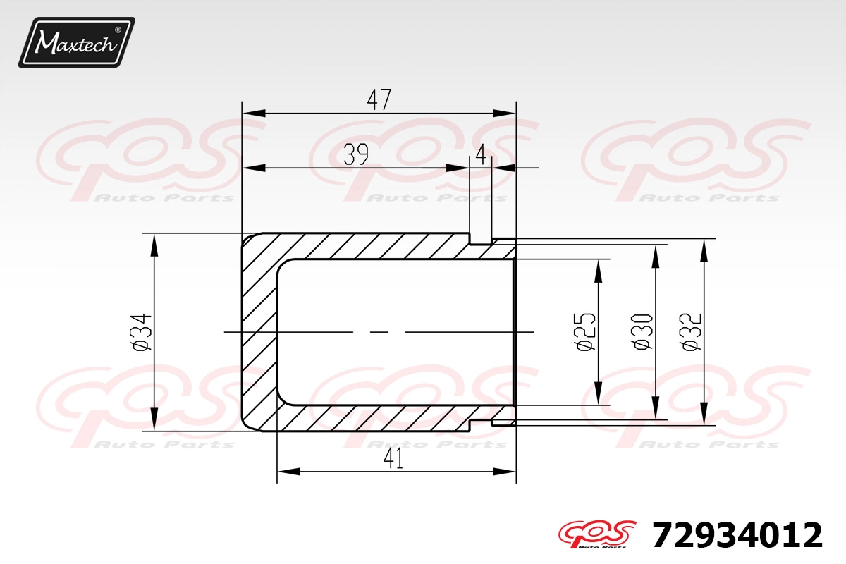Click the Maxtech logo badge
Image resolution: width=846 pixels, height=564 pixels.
(x=77, y=42)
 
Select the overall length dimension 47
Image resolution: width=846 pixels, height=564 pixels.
(x=379, y=100)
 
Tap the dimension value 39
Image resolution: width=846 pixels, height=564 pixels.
(x=356, y=155)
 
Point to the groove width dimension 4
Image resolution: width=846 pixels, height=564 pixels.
(x=481, y=155)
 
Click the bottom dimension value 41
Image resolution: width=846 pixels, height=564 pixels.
(x=393, y=460)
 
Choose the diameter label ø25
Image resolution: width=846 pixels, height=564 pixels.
(x=586, y=331)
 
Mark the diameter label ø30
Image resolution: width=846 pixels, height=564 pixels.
(x=643, y=331)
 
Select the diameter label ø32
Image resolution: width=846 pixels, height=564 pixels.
(x=692, y=331)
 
